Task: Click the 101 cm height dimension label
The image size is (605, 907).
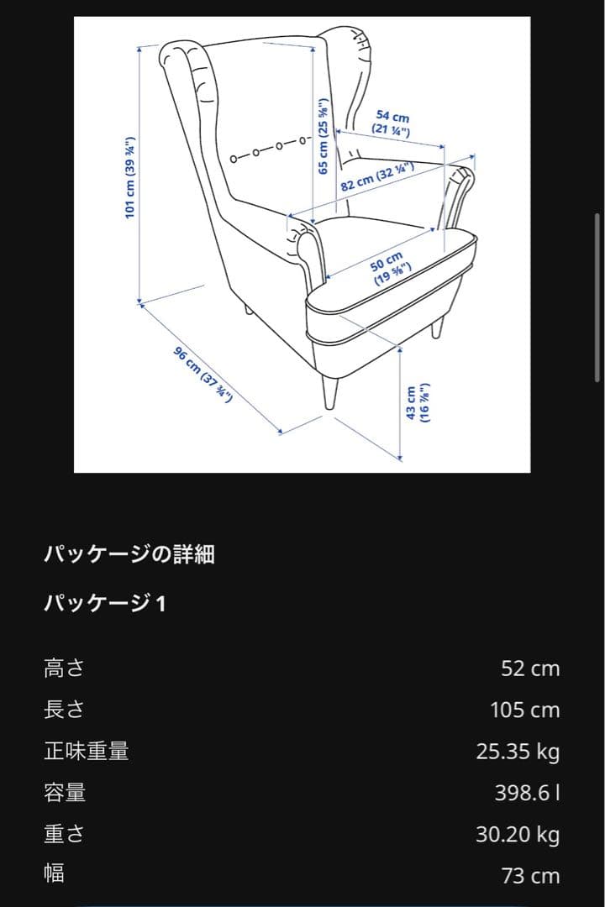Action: (x=129, y=177)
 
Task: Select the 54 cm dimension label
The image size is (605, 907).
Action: (x=392, y=123)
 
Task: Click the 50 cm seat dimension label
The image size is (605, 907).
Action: (x=389, y=268)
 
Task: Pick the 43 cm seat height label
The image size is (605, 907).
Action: (x=418, y=403)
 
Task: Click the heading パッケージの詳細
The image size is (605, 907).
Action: (x=129, y=554)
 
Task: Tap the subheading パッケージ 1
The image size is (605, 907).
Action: (x=105, y=603)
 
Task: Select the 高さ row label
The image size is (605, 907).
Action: (x=65, y=668)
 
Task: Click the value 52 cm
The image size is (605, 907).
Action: (x=529, y=668)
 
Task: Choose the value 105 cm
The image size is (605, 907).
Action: (x=524, y=710)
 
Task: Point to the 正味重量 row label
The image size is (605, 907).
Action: (x=86, y=751)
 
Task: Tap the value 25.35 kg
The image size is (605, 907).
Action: (x=518, y=751)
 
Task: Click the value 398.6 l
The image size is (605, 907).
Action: (x=527, y=792)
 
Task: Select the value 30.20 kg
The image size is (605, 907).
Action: (x=518, y=834)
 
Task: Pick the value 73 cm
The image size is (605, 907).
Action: (x=529, y=875)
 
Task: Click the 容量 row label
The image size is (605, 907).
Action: (x=65, y=792)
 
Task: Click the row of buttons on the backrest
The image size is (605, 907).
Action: (x=267, y=148)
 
